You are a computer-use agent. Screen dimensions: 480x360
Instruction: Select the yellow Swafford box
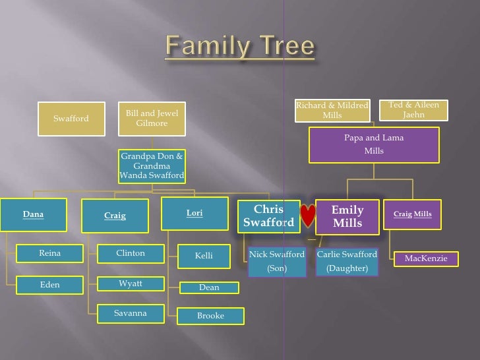[x=71, y=119]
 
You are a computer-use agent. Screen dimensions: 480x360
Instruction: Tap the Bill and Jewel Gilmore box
[x=152, y=119]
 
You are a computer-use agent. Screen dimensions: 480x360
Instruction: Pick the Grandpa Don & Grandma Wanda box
[x=152, y=166]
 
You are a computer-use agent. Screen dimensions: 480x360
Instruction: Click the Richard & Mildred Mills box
[x=332, y=110]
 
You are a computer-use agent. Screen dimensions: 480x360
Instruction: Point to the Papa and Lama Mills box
[x=374, y=144]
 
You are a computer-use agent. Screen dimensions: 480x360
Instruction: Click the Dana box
[x=34, y=214]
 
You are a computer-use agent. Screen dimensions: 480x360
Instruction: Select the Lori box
[x=194, y=214]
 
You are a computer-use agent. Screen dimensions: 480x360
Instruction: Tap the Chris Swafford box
[x=268, y=216]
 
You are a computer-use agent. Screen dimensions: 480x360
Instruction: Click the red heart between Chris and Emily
[x=307, y=216]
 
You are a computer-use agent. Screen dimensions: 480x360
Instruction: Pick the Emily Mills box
[x=347, y=217]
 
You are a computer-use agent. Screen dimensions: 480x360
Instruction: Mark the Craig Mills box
[x=413, y=214]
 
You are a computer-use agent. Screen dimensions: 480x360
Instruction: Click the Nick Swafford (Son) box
[x=277, y=260]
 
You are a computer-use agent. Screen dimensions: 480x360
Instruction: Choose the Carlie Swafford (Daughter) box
[x=347, y=260]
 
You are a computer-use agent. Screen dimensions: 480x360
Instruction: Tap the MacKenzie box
[x=426, y=258]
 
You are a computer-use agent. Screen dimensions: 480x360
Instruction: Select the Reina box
[x=50, y=253]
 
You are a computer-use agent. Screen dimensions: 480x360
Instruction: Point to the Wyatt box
[x=131, y=284]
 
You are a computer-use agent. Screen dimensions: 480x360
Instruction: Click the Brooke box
[x=211, y=316]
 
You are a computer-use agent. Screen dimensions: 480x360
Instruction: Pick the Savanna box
[x=131, y=313]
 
